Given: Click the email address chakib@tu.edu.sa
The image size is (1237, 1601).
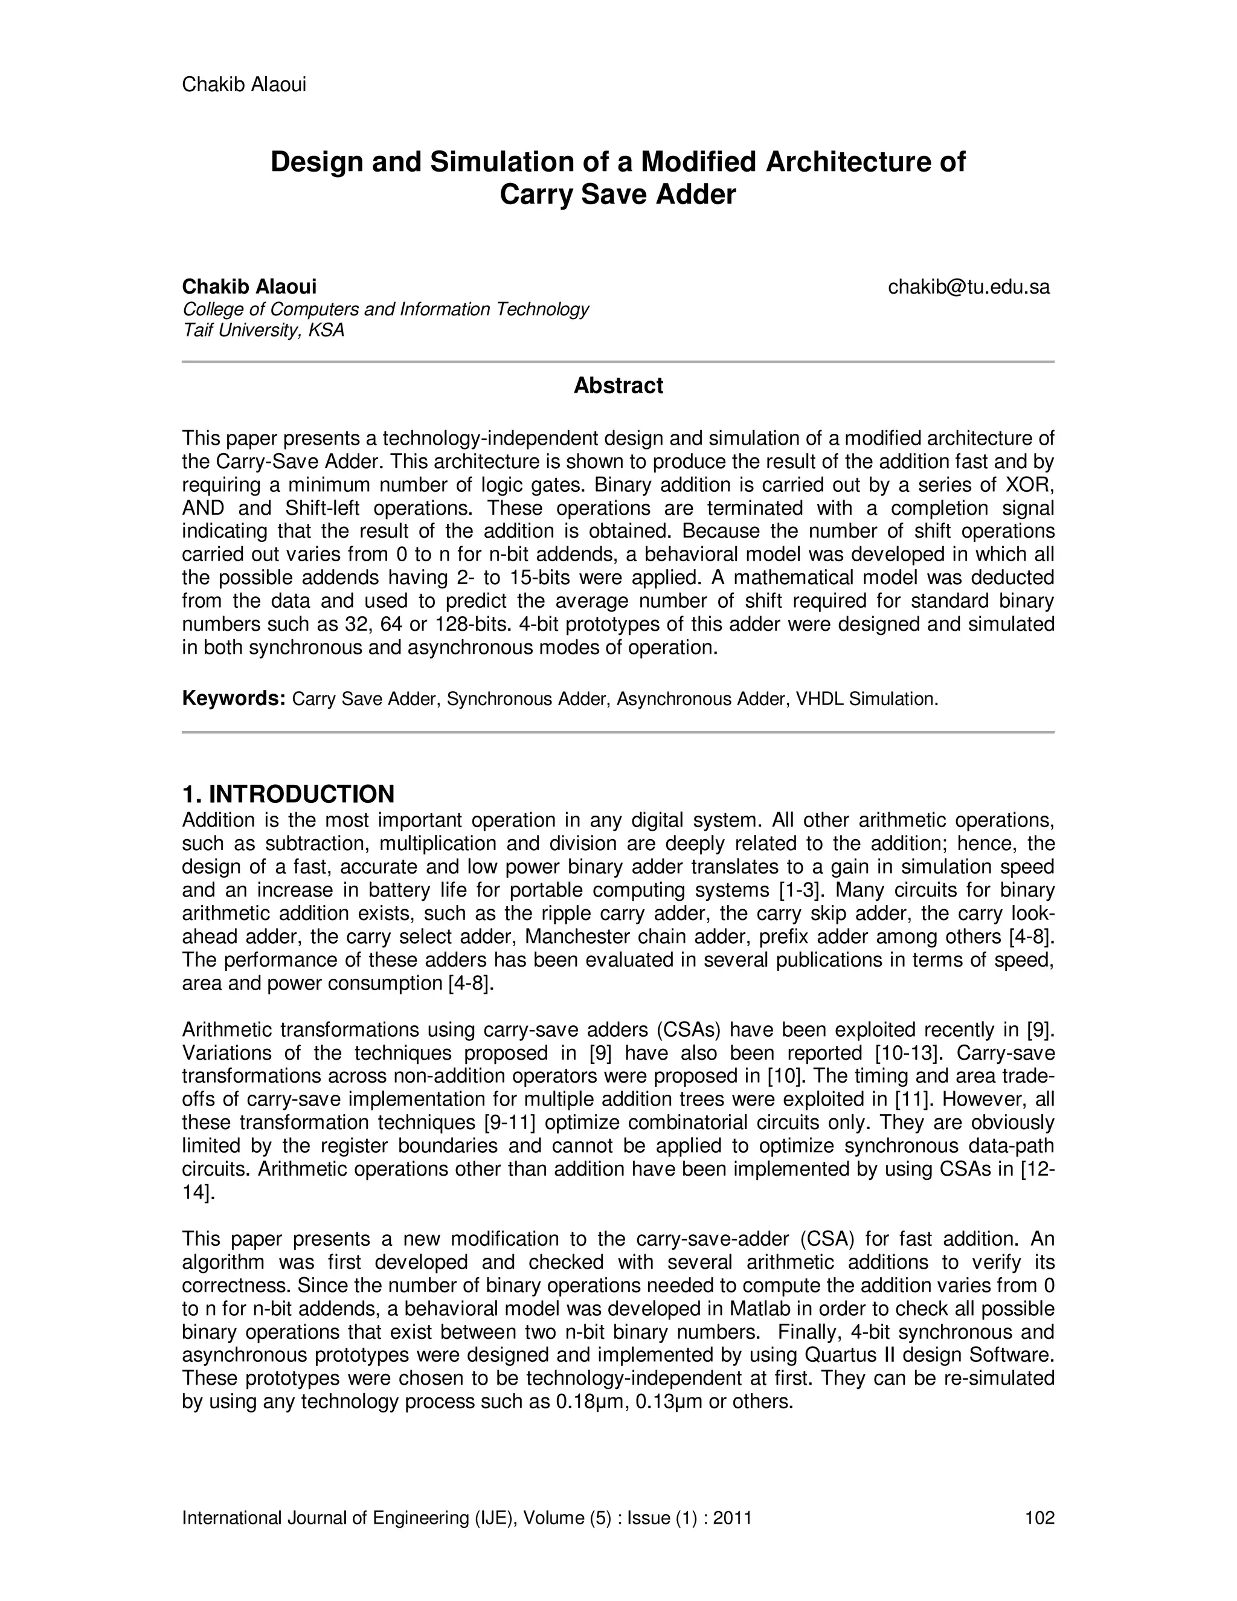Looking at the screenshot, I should click(x=968, y=286).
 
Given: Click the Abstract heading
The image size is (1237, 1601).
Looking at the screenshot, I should click(x=618, y=385).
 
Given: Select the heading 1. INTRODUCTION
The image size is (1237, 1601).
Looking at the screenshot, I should click(x=288, y=794).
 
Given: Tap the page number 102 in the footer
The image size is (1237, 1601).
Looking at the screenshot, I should click(x=1039, y=1518).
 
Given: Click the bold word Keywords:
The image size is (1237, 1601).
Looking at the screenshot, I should click(x=233, y=698).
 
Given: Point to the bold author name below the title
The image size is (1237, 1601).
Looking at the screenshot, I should click(x=249, y=286).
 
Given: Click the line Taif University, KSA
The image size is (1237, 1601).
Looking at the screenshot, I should click(x=263, y=330).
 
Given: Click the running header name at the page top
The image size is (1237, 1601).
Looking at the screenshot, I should click(x=244, y=85).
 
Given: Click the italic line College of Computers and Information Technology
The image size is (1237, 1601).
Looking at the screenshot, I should click(x=385, y=309).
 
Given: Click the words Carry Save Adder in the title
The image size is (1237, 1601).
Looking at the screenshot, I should click(x=618, y=195).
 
